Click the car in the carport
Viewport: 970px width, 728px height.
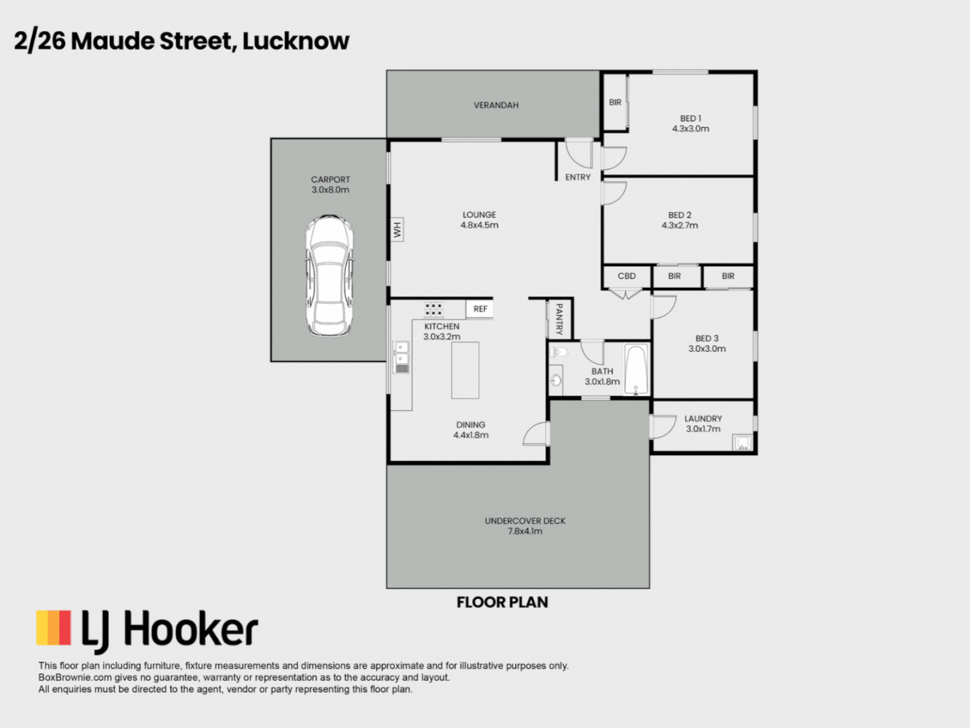tap(329, 276)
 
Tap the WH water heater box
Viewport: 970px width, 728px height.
tap(397, 230)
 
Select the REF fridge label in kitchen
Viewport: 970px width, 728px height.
tap(480, 309)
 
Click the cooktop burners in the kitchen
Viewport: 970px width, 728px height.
tap(433, 309)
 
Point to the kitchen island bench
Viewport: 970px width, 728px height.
tap(465, 370)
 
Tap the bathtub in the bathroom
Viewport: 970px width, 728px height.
tap(636, 369)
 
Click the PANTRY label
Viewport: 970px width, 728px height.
tap(558, 319)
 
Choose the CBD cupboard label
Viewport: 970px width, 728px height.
tap(626, 276)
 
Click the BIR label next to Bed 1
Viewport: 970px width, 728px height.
tap(615, 102)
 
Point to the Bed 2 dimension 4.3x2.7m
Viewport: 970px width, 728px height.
tap(680, 226)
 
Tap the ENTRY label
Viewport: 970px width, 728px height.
tap(578, 177)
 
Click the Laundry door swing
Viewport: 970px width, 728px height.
tap(663, 427)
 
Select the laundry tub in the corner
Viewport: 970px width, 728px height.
tap(742, 443)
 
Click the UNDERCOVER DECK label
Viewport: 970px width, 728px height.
tap(525, 521)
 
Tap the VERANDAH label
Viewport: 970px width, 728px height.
tap(496, 105)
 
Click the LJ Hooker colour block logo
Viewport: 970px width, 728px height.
tap(54, 628)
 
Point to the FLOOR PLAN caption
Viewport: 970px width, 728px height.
tap(502, 603)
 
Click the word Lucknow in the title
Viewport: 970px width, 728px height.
tap(296, 41)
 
